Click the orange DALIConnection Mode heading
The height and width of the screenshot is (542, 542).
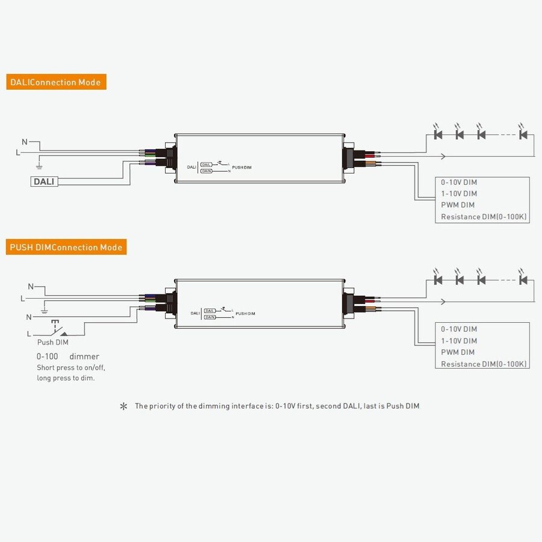click(56, 82)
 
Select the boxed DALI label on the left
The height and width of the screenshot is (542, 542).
click(45, 181)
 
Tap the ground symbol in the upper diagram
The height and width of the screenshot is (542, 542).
click(39, 164)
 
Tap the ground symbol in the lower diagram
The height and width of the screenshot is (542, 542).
click(44, 311)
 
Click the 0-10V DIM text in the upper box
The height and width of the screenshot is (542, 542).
click(459, 182)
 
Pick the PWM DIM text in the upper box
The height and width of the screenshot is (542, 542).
click(458, 205)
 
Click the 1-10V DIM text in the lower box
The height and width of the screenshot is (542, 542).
click(459, 341)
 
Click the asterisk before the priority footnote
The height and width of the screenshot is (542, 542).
click(124, 406)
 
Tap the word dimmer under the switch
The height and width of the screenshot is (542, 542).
click(84, 357)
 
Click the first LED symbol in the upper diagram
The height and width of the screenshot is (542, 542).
click(438, 134)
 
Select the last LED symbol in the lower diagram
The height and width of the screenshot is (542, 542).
click(523, 280)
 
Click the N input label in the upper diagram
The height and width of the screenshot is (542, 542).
click(25, 142)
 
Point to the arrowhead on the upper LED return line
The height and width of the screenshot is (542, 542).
click(444, 157)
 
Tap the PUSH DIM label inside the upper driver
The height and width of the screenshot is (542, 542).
click(241, 167)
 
